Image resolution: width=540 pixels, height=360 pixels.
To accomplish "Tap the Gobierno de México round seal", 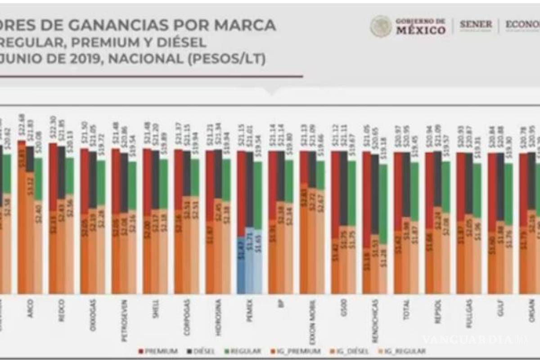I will pos(381,26).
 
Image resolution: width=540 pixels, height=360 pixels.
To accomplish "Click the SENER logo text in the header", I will pos(476,25).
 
